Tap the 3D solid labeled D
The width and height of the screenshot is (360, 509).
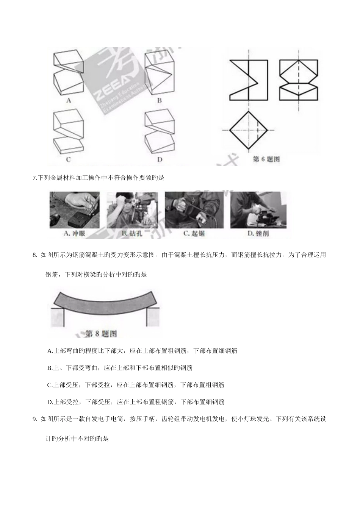click(160, 131)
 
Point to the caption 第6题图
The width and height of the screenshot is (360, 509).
click(266, 159)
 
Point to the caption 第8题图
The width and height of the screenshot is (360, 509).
click(101, 334)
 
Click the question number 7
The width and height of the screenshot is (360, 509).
click(34, 178)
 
